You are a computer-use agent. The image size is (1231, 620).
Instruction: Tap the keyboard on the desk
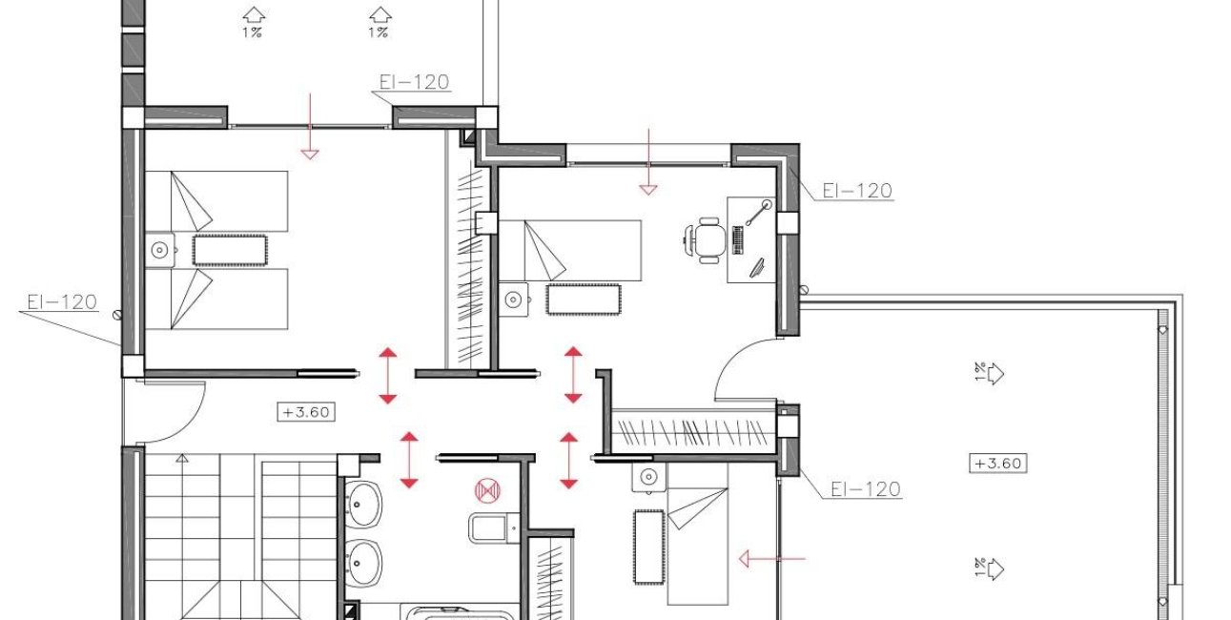click(x=737, y=239)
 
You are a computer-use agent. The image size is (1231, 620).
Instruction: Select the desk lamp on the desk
click(x=757, y=213)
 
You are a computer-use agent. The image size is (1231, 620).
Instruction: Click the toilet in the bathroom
click(x=494, y=527)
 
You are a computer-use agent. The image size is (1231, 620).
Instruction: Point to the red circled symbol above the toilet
click(x=487, y=490)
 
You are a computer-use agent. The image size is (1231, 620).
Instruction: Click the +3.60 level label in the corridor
click(x=306, y=412)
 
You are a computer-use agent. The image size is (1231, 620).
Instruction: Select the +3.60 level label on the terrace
click(x=997, y=464)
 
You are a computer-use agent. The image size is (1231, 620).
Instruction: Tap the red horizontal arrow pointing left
click(x=772, y=559)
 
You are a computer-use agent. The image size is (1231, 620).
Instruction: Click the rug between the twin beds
click(x=230, y=250)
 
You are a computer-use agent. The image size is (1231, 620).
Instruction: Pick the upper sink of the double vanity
click(x=362, y=504)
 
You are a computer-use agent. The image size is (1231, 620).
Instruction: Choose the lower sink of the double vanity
click(x=362, y=562)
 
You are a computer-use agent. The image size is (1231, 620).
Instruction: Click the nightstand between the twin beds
click(x=160, y=250)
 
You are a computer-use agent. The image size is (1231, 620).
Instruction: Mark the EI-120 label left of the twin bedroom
click(x=62, y=301)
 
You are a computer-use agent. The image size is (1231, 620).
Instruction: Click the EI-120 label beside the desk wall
click(x=857, y=191)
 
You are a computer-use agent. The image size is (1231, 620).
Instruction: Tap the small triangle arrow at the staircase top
click(x=182, y=458)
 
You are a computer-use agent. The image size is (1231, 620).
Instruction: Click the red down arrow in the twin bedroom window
click(x=310, y=127)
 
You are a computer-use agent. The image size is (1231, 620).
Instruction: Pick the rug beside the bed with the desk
click(x=583, y=300)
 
